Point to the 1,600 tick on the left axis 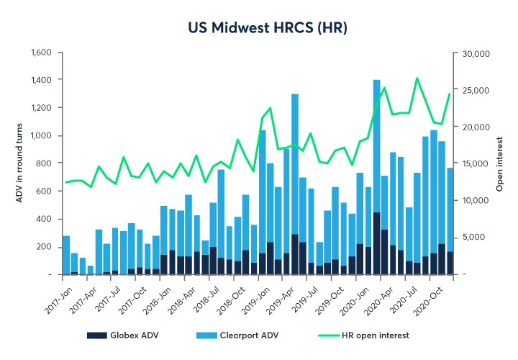tap(41, 53)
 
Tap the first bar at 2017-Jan tap(66, 255)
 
